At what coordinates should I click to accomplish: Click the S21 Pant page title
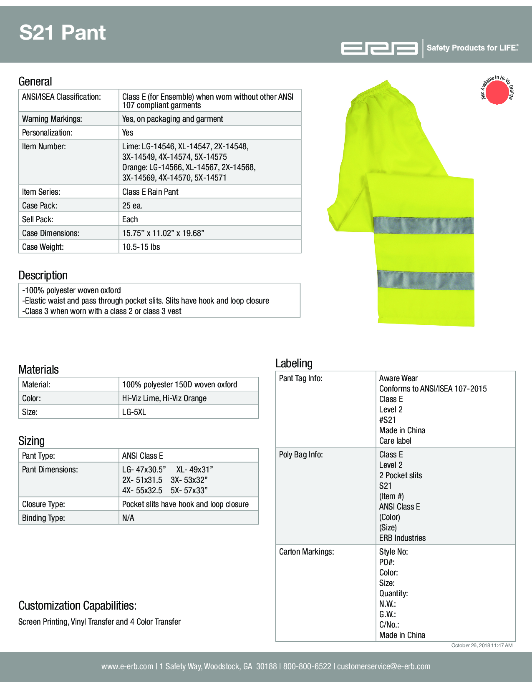pyautogui.click(x=63, y=33)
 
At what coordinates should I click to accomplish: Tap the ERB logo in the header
pyautogui.click(x=379, y=48)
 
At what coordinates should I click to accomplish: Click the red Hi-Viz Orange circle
pyautogui.click(x=497, y=92)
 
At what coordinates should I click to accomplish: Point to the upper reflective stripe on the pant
pyautogui.click(x=423, y=226)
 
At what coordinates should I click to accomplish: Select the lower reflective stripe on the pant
pyautogui.click(x=426, y=280)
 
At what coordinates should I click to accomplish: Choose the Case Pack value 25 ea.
pyautogui.click(x=132, y=206)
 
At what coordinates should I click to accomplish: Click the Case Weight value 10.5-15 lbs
pyautogui.click(x=141, y=247)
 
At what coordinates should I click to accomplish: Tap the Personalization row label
pyautogui.click(x=47, y=133)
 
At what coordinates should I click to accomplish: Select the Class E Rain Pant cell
pyautogui.click(x=150, y=192)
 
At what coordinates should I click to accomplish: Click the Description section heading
pyautogui.click(x=43, y=275)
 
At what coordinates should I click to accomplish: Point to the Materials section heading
pyautogui.click(x=38, y=369)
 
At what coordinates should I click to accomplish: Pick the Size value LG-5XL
pyautogui.click(x=134, y=412)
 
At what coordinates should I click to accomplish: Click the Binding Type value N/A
pyautogui.click(x=128, y=518)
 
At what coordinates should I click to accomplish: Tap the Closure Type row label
pyautogui.click(x=43, y=504)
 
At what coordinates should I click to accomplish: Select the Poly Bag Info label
pyautogui.click(x=301, y=454)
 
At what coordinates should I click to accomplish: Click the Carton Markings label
pyautogui.click(x=307, y=552)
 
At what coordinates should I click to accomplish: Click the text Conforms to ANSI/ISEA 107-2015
pyautogui.click(x=433, y=389)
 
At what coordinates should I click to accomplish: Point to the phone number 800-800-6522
pyautogui.click(x=307, y=666)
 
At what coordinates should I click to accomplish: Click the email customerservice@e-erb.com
pyautogui.click(x=383, y=666)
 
